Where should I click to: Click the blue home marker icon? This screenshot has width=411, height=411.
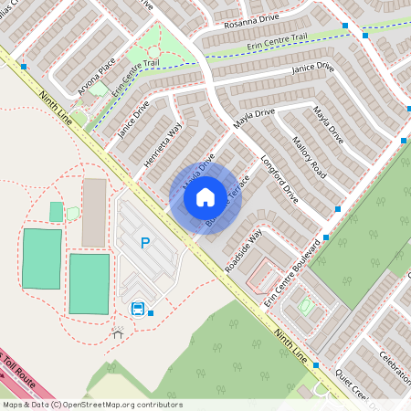pos(205,196)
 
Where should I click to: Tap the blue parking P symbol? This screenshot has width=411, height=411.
pos(144,243)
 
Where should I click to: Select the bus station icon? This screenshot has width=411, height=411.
pos(138,309)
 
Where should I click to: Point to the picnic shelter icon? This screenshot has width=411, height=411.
pos(116,332)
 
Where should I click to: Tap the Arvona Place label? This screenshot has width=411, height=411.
pos(97,68)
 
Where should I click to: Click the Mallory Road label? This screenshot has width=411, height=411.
pos(309,156)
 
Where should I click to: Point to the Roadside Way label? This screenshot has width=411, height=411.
pos(244,248)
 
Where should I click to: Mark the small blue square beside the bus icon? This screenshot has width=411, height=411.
pos(151,313)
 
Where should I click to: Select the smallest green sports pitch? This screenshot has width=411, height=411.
pos(57,212)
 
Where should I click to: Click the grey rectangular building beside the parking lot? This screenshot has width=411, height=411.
pos(94,213)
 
